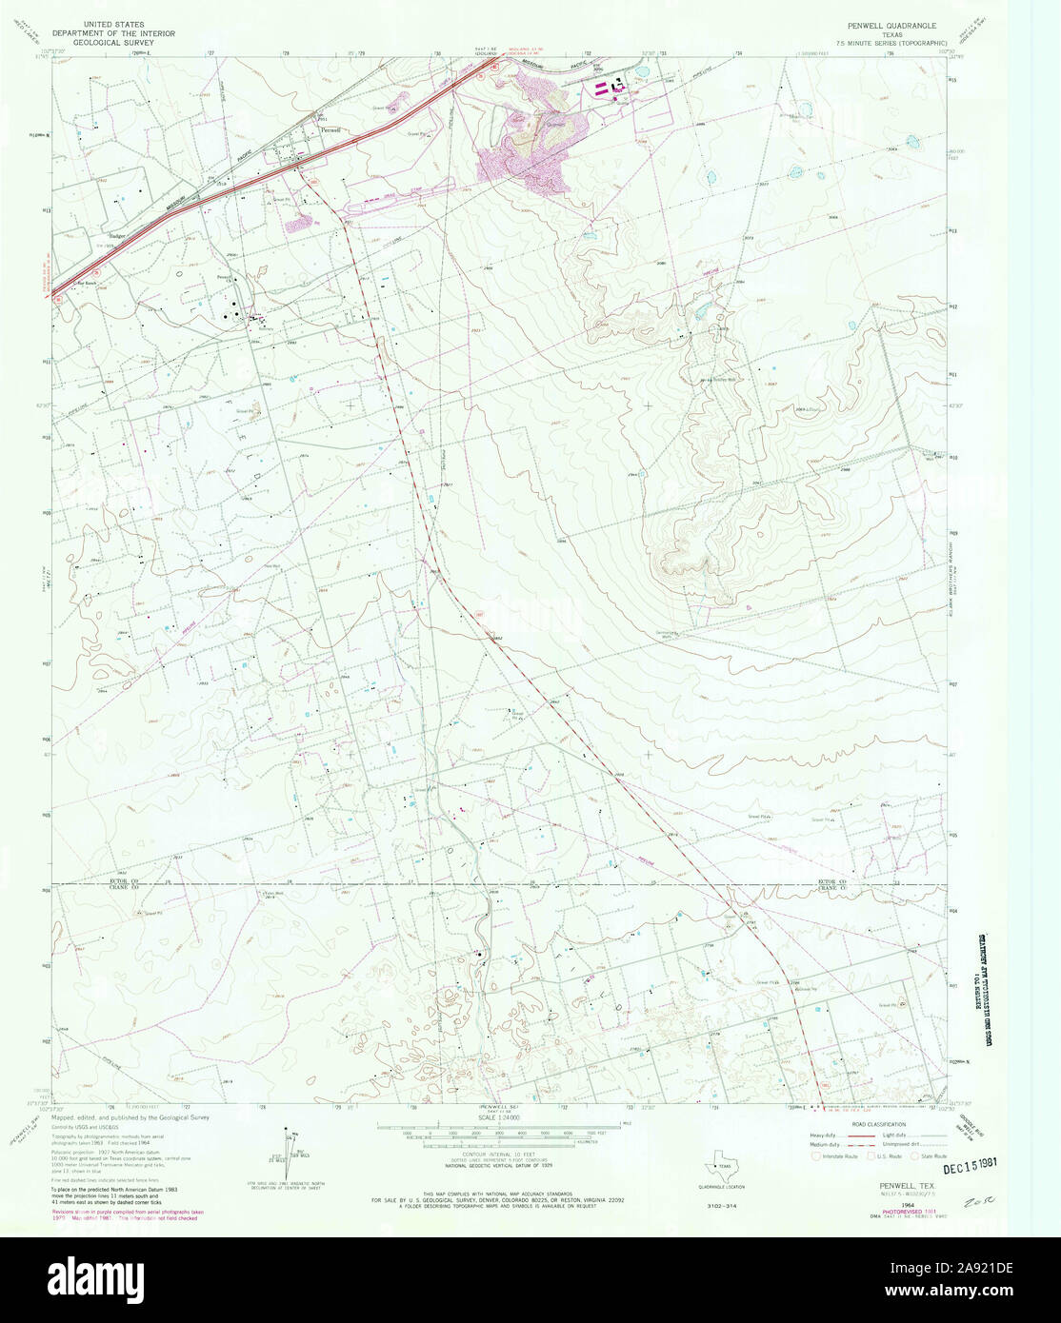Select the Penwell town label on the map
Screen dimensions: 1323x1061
pyautogui.click(x=330, y=129)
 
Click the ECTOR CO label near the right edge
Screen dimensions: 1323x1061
pyautogui.click(x=833, y=882)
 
